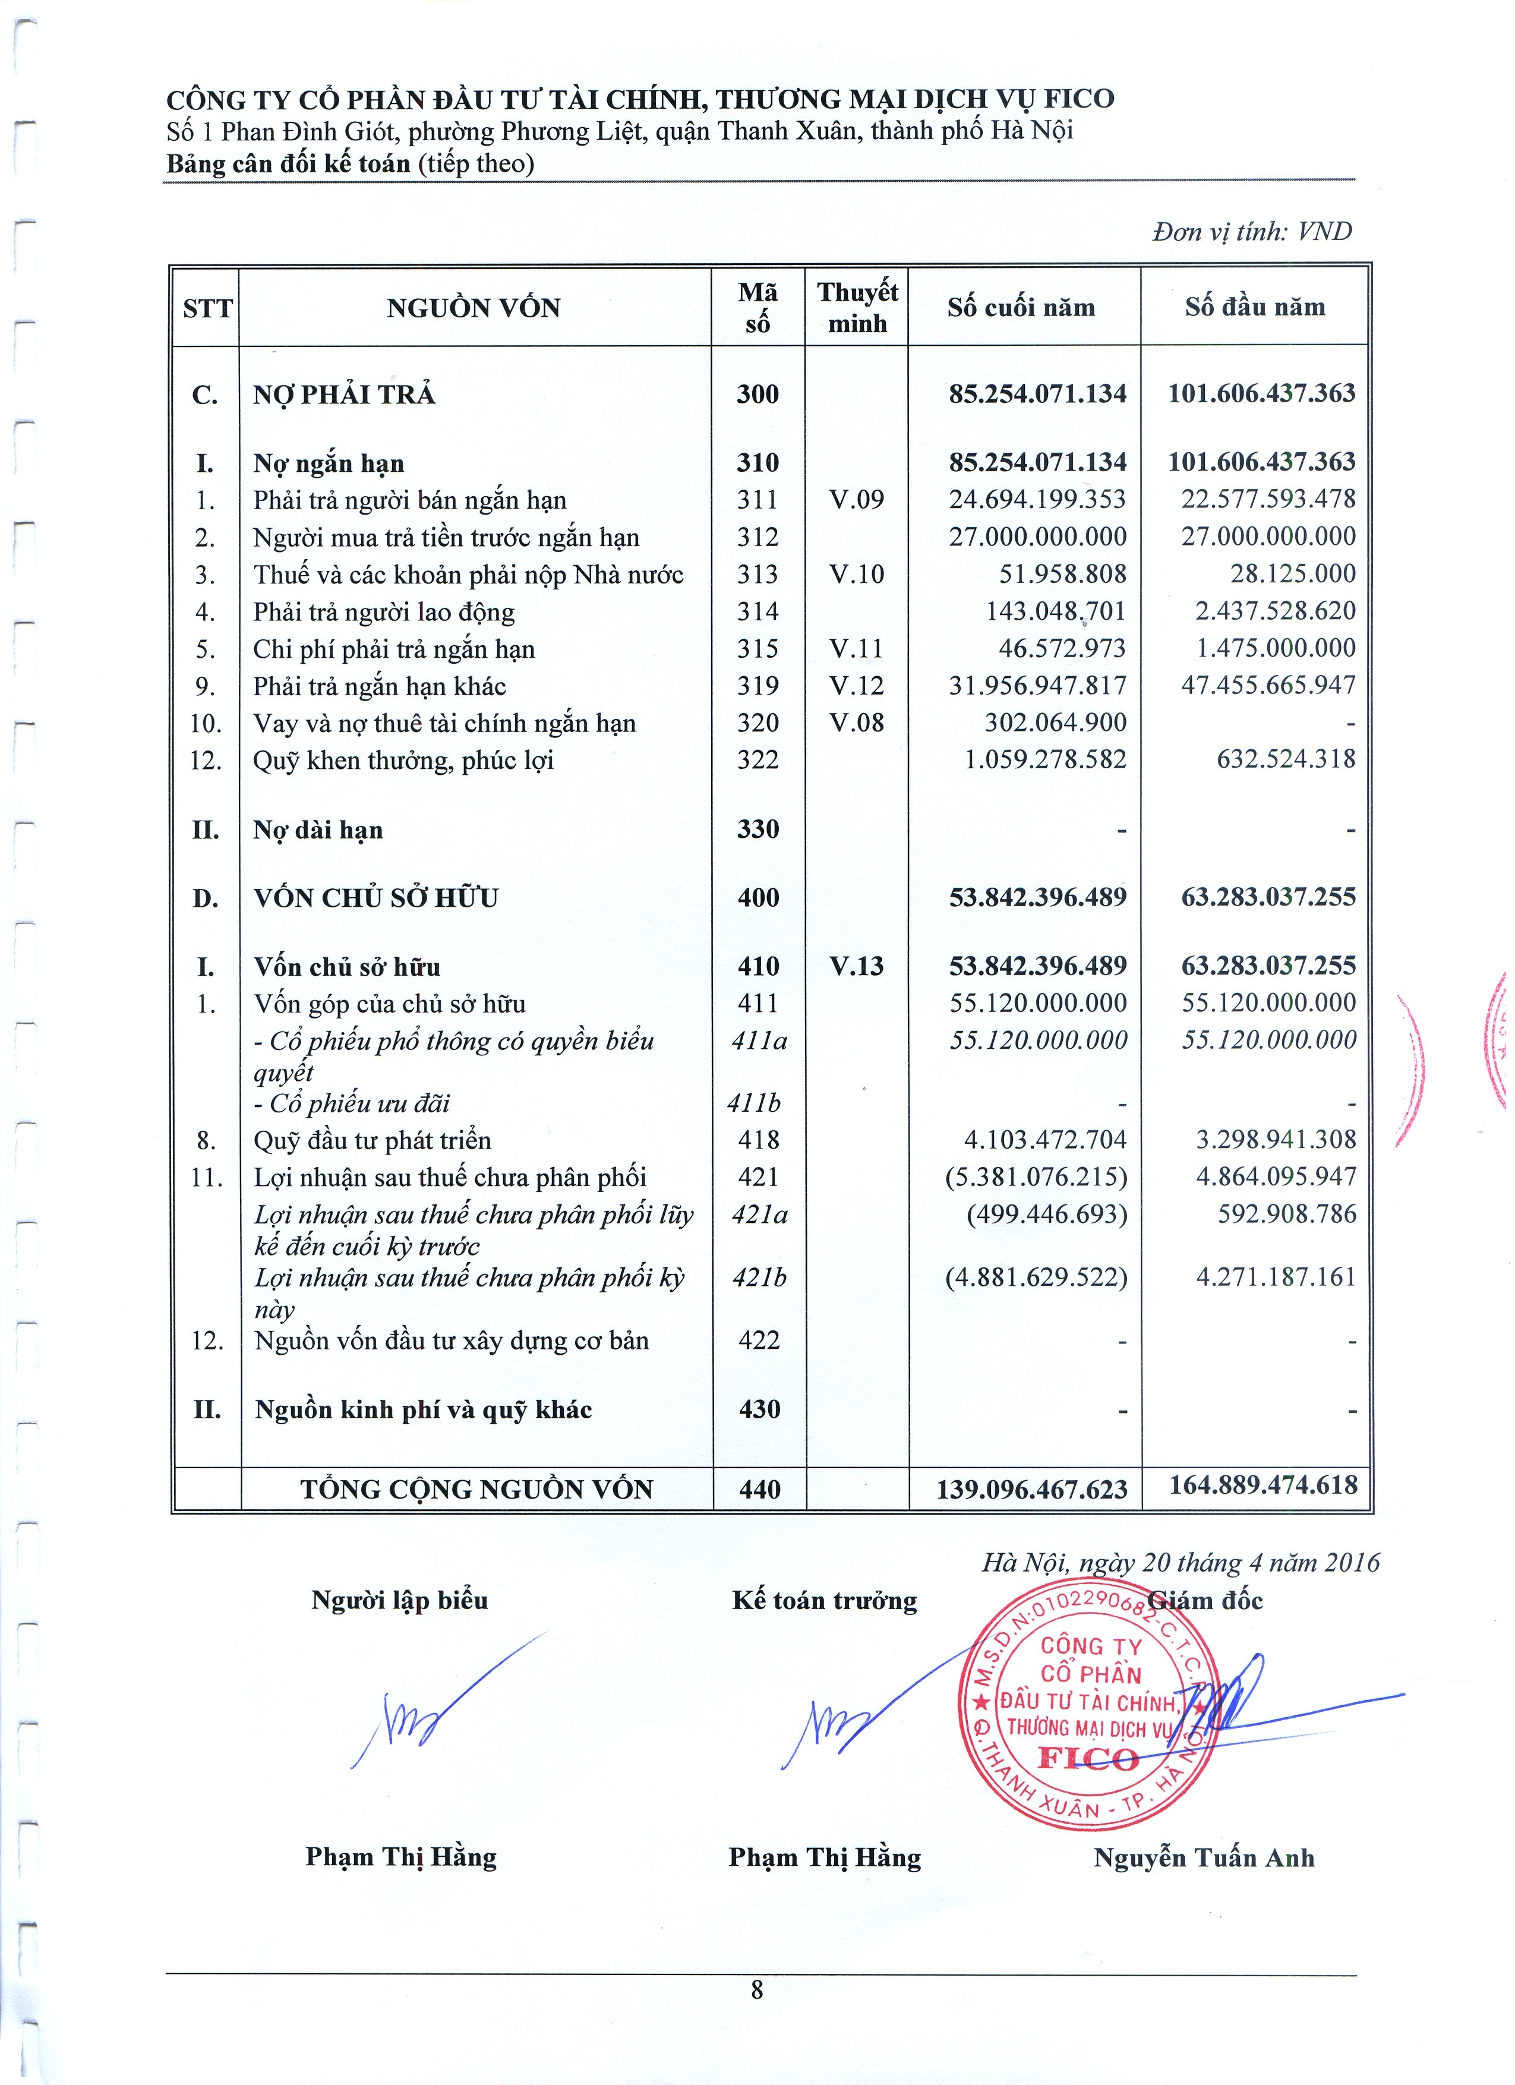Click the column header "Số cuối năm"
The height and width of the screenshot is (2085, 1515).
(x=1021, y=307)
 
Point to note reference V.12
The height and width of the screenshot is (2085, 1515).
(x=856, y=686)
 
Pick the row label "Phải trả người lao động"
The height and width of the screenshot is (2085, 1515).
(x=383, y=612)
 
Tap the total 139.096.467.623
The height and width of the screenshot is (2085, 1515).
(x=1031, y=1489)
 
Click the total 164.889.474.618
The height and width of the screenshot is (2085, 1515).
(x=1262, y=1485)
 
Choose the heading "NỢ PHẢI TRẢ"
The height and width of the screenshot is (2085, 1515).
(x=344, y=395)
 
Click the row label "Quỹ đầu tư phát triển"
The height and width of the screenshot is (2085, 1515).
(x=373, y=1140)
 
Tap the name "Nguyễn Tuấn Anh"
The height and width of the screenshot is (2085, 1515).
(x=1203, y=1858)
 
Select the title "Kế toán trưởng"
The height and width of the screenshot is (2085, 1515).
(x=823, y=1601)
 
